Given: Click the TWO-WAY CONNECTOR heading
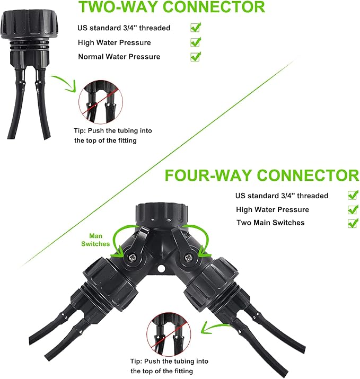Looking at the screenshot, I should point(171,7).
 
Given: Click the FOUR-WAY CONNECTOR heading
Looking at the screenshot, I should point(261,175).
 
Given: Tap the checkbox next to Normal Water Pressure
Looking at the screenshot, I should point(195,56).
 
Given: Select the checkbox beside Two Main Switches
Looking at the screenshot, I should point(353,223).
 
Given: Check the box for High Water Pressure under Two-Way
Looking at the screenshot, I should point(195,42).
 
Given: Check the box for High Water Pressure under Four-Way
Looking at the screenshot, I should point(353,209).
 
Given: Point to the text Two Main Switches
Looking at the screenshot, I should point(270,223).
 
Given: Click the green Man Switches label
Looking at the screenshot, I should point(95,240).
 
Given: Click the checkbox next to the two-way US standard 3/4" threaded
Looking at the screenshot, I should point(195,27).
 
